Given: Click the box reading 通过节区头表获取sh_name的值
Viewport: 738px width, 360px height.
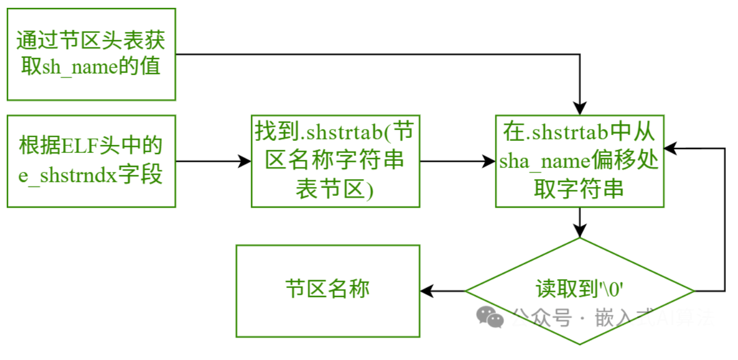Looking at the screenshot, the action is (91, 54).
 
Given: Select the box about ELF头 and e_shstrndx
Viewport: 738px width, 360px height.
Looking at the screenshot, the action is (91, 161).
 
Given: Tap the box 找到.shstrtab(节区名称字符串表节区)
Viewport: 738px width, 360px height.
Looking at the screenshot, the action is (335, 161).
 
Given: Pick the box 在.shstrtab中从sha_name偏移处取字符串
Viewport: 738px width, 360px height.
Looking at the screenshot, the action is (580, 161).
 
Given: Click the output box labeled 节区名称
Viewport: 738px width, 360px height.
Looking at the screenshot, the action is (328, 291).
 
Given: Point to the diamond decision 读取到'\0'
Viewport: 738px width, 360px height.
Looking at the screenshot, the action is (580, 291).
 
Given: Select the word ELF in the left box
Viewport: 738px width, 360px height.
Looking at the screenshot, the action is (80, 146).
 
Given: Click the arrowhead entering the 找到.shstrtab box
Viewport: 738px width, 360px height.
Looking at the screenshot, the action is (245, 161).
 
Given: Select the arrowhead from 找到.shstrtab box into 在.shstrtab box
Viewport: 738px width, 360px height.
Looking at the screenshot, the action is (489, 161).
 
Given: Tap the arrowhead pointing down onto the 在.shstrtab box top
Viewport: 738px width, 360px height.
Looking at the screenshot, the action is (580, 108).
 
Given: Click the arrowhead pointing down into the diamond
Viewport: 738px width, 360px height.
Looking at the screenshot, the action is (580, 231).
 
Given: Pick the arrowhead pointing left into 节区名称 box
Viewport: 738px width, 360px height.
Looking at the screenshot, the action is (427, 291).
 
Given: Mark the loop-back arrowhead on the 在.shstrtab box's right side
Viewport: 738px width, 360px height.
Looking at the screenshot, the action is (671, 148).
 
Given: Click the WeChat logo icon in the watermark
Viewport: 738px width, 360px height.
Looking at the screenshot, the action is (490, 317).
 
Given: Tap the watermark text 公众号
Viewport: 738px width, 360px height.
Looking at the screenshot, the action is (542, 318).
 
